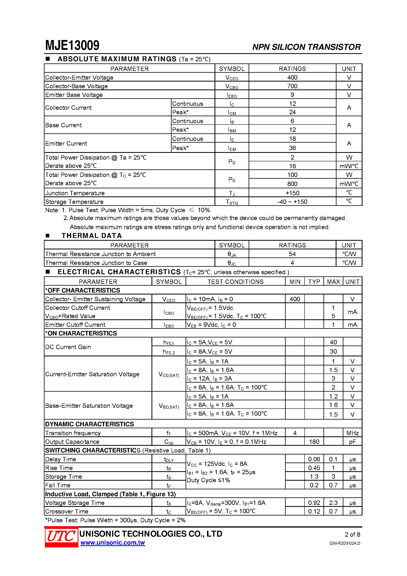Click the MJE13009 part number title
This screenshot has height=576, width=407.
pos(72,46)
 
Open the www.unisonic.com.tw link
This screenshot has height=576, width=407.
pos(112,543)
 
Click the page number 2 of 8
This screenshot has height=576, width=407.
pos(352,534)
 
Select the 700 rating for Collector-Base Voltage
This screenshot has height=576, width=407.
pos(292,86)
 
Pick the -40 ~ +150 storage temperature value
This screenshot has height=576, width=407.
pos(292,202)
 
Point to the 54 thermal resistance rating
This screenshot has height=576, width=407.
pos(292,254)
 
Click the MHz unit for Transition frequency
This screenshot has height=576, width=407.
pos(352,433)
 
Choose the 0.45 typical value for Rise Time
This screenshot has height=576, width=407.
pos(314,468)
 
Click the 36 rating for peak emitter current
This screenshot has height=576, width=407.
pos(292,148)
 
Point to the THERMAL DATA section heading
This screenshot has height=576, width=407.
pos(92,236)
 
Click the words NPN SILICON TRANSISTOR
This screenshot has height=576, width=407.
pos(306,47)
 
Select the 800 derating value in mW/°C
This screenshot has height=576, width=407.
pos(292,184)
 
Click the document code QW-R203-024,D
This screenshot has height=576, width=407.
pos(345,543)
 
